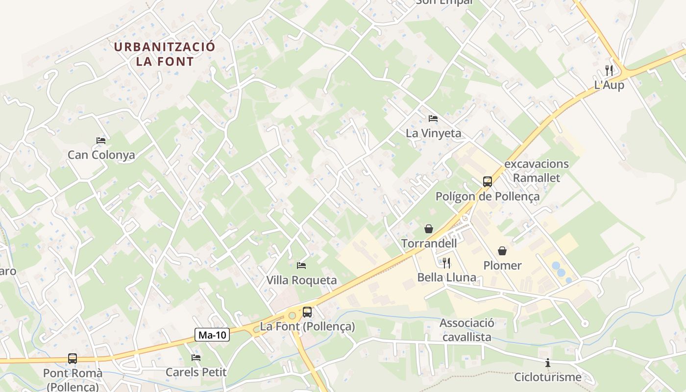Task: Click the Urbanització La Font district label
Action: (x=165, y=54)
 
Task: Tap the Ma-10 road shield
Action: (x=213, y=335)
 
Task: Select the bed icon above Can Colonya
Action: (x=101, y=141)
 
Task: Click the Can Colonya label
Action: (x=101, y=155)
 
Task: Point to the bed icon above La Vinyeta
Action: (x=433, y=119)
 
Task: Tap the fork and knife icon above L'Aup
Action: (x=609, y=70)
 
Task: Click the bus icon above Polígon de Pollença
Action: (x=487, y=182)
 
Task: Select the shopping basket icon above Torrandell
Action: (x=429, y=229)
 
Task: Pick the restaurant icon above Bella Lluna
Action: (x=446, y=263)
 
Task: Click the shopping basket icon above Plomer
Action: (x=502, y=251)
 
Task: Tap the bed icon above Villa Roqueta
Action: (x=301, y=266)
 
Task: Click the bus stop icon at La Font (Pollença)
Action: (x=307, y=312)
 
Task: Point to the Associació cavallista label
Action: (x=466, y=330)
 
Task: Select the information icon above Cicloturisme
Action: (x=548, y=363)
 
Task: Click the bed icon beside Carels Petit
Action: (x=196, y=358)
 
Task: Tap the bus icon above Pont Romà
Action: (x=73, y=359)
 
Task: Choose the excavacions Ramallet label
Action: (x=537, y=171)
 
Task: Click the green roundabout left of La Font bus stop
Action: (x=293, y=316)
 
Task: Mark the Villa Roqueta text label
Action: (x=301, y=280)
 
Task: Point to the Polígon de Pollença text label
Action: (x=488, y=196)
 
